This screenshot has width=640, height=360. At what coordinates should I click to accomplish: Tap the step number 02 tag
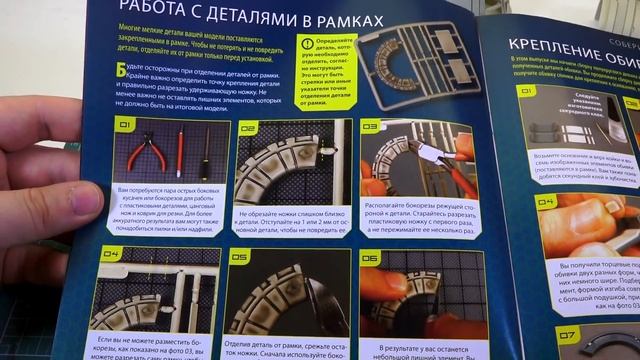247,129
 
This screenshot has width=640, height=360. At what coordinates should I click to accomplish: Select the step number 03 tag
369,127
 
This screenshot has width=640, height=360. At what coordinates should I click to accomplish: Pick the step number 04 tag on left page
108,254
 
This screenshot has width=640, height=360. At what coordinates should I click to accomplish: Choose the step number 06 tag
370,256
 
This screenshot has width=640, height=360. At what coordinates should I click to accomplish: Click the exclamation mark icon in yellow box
304,44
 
